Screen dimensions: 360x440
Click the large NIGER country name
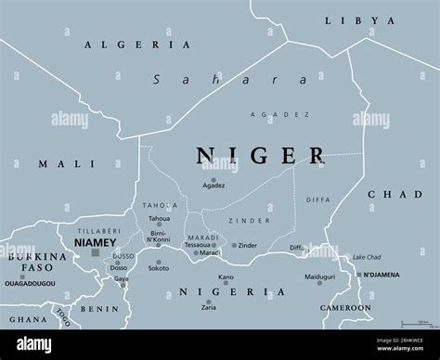[x=260, y=156]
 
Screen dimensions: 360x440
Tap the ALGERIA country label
[x=137, y=45]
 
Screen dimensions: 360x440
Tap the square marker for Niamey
[x=94, y=251]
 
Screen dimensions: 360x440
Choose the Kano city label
[x=226, y=276]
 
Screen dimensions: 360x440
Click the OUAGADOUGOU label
[x=33, y=285]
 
